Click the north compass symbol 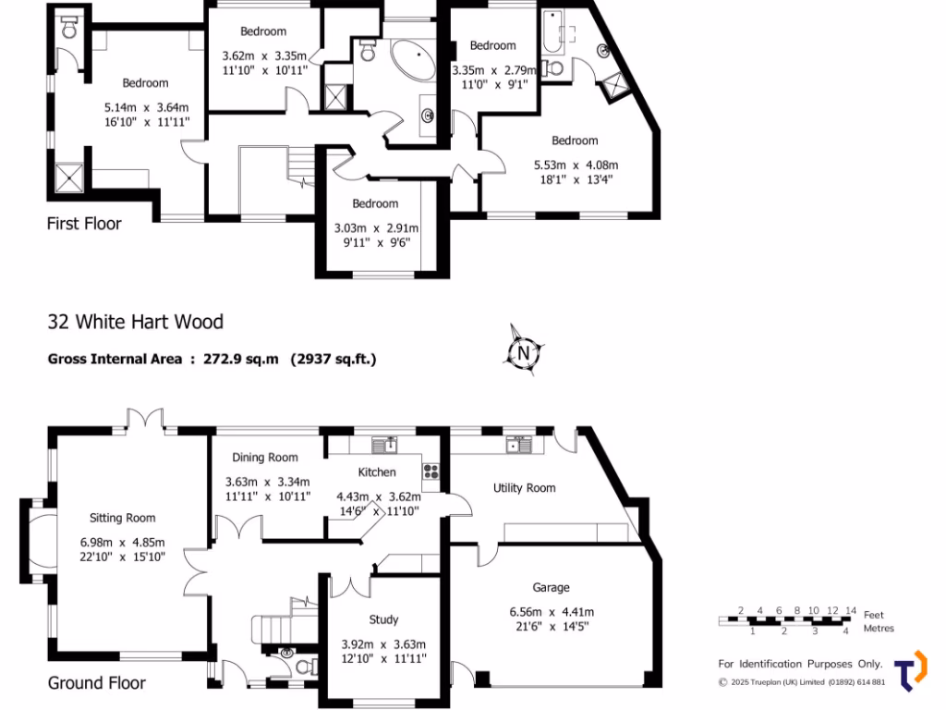(x=523, y=351)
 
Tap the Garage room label (x=551, y=587)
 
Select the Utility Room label (x=524, y=488)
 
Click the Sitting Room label (x=122, y=518)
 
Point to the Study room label (x=383, y=619)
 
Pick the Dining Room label (x=265, y=458)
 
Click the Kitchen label (x=377, y=472)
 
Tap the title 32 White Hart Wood (x=136, y=322)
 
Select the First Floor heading (x=84, y=223)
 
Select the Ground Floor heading (x=96, y=683)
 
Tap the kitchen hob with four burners (x=431, y=471)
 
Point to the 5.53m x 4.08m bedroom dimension (x=575, y=165)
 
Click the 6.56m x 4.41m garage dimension (x=552, y=611)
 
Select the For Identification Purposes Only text (x=800, y=664)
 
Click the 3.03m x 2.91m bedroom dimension (x=375, y=228)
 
